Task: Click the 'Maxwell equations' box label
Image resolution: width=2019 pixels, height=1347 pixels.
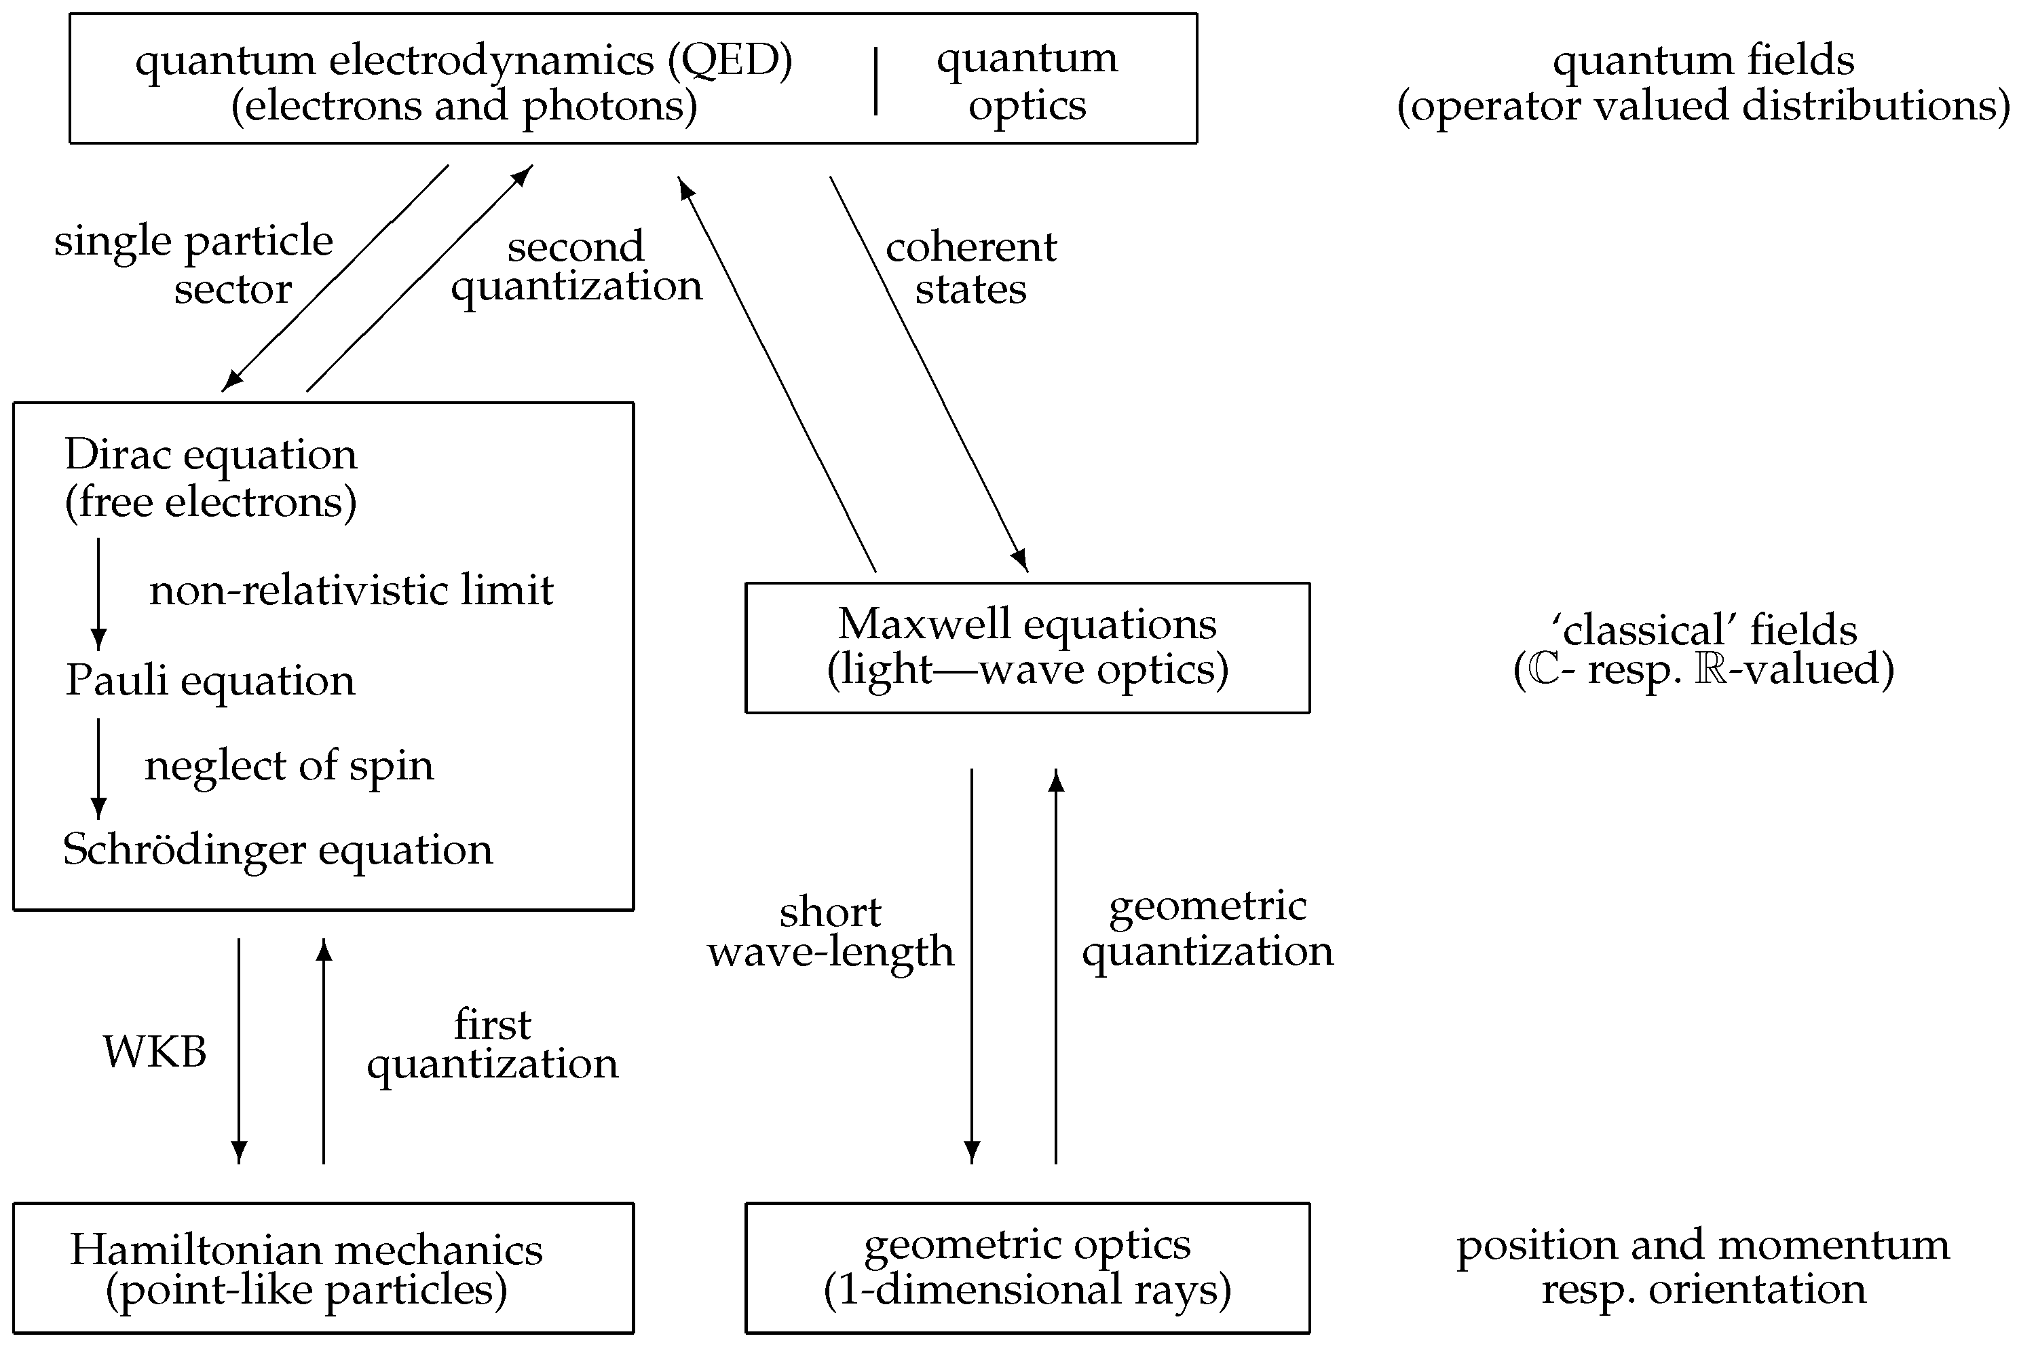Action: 1026,624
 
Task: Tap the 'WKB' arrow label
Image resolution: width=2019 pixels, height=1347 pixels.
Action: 155,1052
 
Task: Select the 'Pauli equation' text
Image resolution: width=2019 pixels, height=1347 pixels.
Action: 210,680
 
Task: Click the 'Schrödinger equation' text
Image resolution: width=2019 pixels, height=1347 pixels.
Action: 278,849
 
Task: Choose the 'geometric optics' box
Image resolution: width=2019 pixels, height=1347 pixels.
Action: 1026,1268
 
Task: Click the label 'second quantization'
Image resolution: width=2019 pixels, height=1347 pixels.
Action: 576,266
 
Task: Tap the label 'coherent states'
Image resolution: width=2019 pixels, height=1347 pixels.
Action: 970,268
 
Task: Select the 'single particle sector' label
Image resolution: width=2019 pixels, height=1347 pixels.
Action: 194,263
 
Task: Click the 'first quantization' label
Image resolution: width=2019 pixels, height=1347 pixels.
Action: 492,1044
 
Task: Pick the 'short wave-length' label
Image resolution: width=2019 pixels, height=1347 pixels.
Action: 831,932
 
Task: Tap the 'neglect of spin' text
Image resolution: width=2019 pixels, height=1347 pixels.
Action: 288,764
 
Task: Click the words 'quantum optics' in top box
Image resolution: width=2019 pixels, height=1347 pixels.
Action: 1026,81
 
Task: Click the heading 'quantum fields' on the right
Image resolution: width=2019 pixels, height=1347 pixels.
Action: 1703,60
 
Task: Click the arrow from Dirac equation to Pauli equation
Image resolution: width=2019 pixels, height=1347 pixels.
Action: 99,593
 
